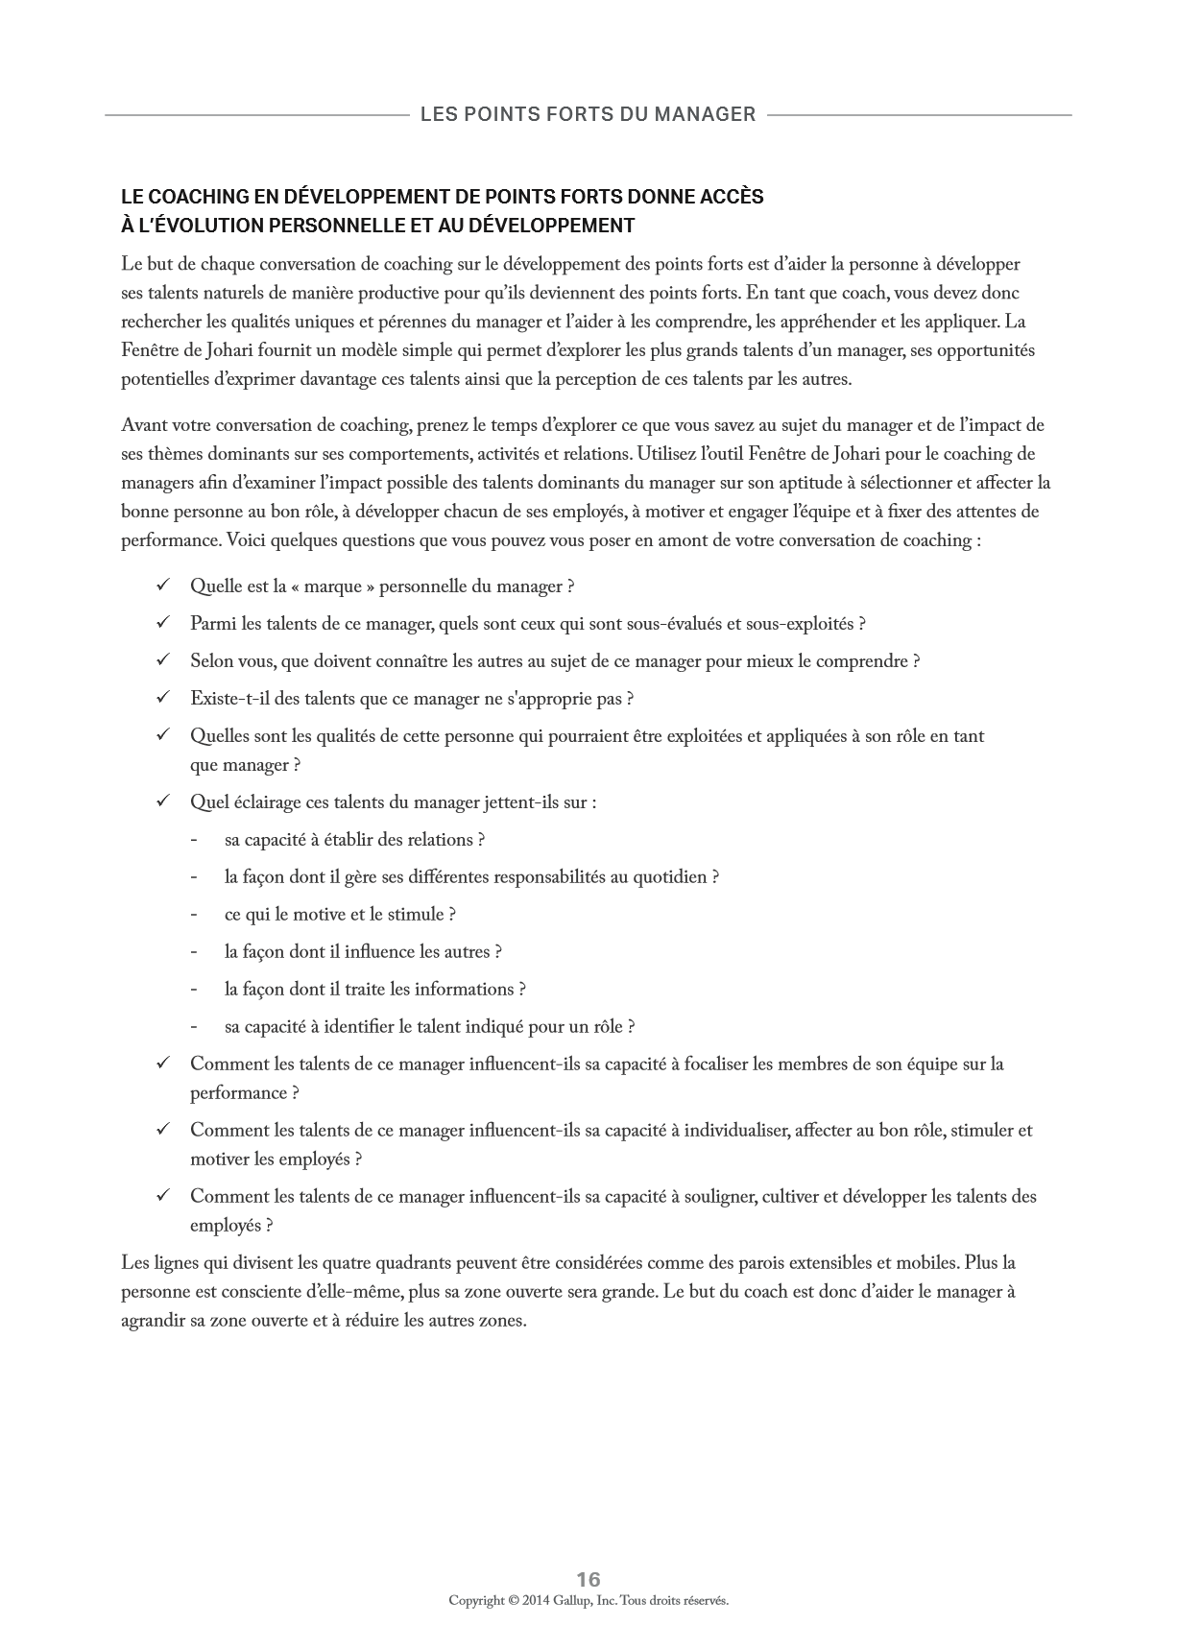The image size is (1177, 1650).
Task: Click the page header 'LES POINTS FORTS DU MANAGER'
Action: [x=588, y=114]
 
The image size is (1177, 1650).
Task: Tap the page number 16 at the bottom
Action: [x=588, y=1579]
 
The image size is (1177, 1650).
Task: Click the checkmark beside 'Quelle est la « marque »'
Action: [x=163, y=586]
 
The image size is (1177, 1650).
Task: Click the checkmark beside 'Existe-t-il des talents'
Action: [x=163, y=698]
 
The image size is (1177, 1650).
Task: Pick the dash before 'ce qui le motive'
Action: [x=194, y=915]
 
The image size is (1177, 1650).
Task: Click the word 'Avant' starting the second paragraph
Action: [x=144, y=425]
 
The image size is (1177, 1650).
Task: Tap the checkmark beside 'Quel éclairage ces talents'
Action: [x=163, y=801]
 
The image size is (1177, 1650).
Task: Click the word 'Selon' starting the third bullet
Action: [x=211, y=661]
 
